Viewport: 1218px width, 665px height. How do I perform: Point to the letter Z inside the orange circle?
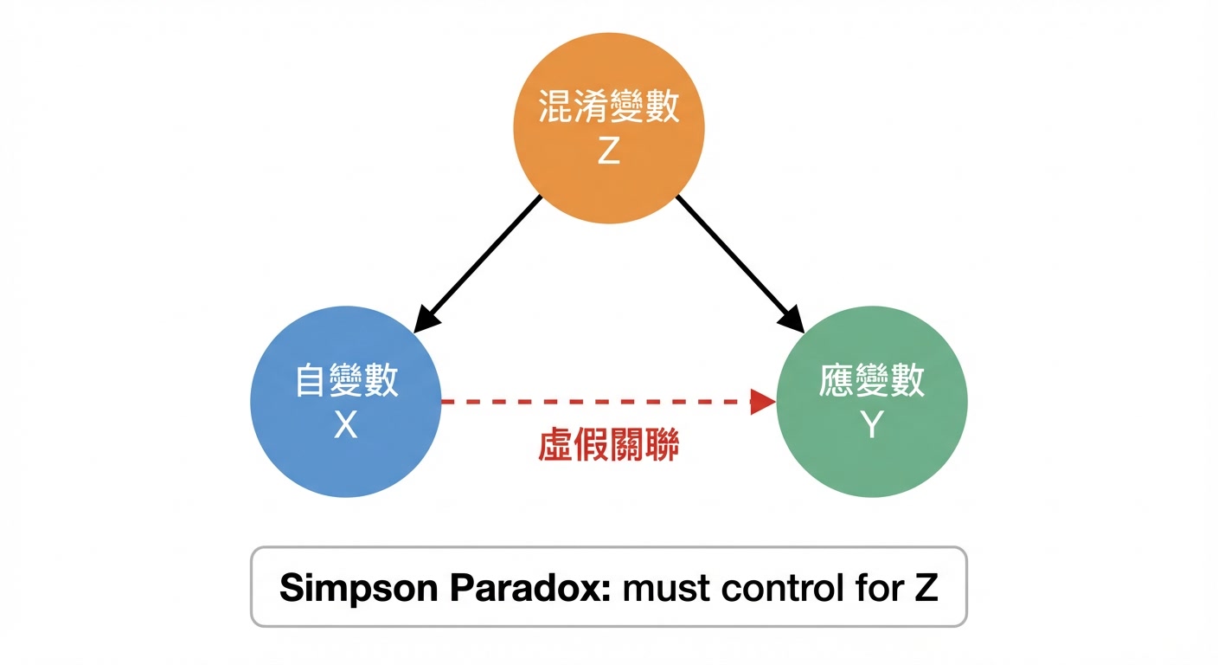tap(609, 152)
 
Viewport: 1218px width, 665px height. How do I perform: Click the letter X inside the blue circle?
tap(345, 424)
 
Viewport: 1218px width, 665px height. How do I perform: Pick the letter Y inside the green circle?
tap(872, 424)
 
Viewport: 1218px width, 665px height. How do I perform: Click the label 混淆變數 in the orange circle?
tap(609, 108)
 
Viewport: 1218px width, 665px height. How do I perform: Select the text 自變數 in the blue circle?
tap(346, 381)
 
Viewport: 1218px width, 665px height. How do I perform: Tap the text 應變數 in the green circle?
tap(872, 381)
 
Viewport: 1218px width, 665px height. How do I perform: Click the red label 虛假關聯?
tap(609, 445)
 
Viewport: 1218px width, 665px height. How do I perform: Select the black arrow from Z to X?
tap(480, 260)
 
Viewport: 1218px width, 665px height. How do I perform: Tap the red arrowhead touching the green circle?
tap(763, 402)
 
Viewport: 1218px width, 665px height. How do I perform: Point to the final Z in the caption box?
tap(925, 588)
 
